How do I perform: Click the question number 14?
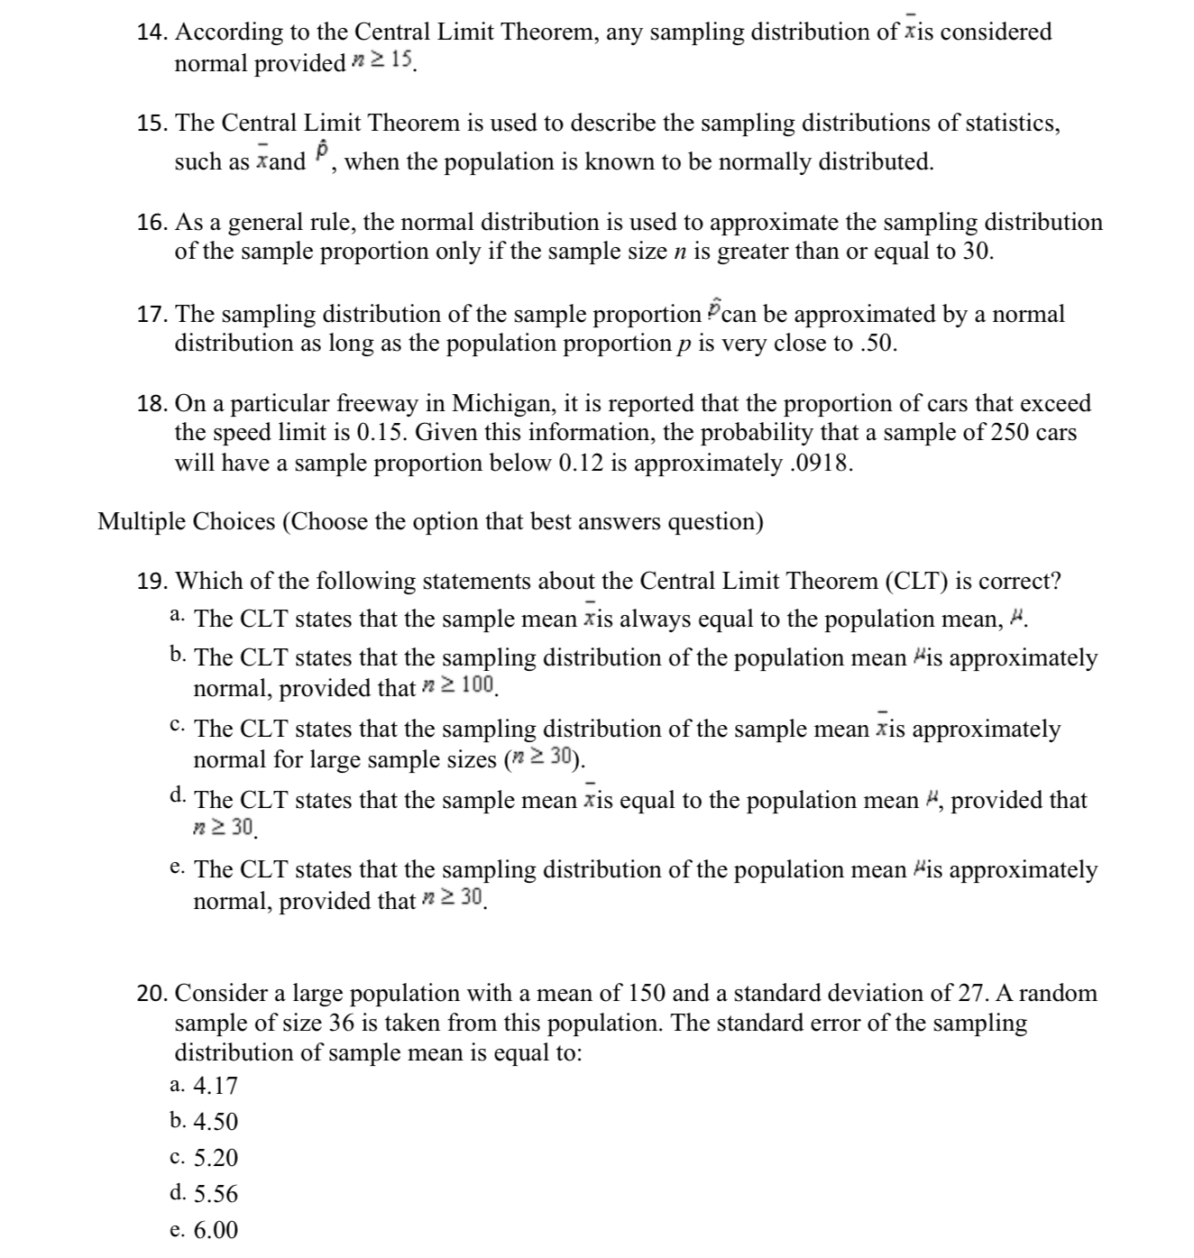(x=152, y=32)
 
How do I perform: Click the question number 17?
(x=152, y=315)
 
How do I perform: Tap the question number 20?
(x=152, y=994)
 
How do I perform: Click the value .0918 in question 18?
(x=820, y=464)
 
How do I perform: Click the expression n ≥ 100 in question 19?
(x=459, y=686)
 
